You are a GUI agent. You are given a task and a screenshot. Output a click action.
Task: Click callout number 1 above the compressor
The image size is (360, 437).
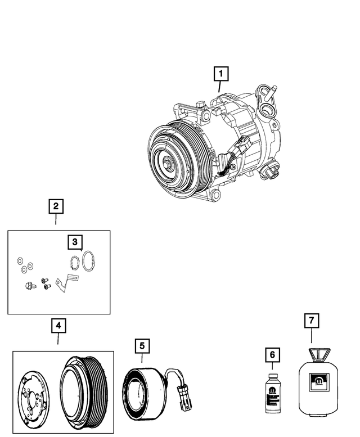(x=221, y=73)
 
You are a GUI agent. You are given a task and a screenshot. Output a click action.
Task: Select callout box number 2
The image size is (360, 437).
(x=56, y=206)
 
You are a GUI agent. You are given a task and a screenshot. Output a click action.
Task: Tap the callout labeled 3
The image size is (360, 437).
(x=74, y=242)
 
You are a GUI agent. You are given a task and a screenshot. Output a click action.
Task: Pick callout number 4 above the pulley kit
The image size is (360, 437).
(x=57, y=325)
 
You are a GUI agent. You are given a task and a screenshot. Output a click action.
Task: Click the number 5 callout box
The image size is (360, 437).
(x=142, y=345)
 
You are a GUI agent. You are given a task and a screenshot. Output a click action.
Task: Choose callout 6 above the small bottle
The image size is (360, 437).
(x=272, y=355)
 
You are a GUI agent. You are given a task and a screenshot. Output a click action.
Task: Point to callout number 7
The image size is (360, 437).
(x=311, y=321)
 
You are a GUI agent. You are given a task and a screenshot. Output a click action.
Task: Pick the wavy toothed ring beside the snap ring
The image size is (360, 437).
(x=71, y=264)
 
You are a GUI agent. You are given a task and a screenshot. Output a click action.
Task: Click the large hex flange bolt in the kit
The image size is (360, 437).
(x=29, y=287)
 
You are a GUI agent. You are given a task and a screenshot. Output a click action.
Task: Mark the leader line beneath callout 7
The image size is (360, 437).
(x=311, y=336)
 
